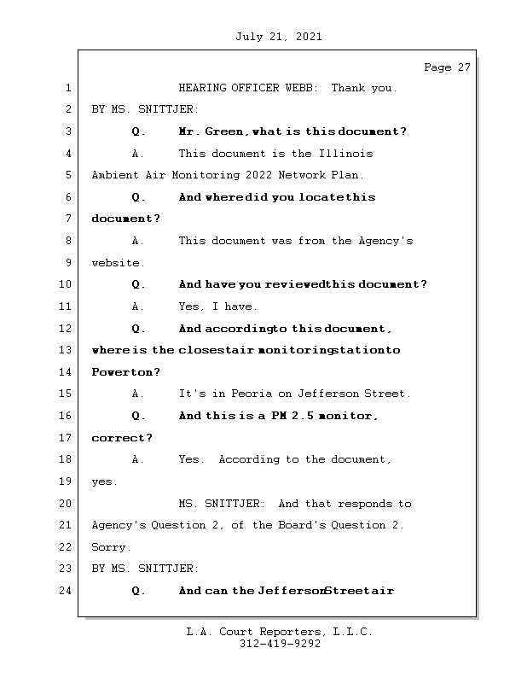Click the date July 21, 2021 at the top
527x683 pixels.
[278, 37]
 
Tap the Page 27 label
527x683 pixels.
[447, 67]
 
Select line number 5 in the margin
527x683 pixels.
[67, 175]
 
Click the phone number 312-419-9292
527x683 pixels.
[280, 645]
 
